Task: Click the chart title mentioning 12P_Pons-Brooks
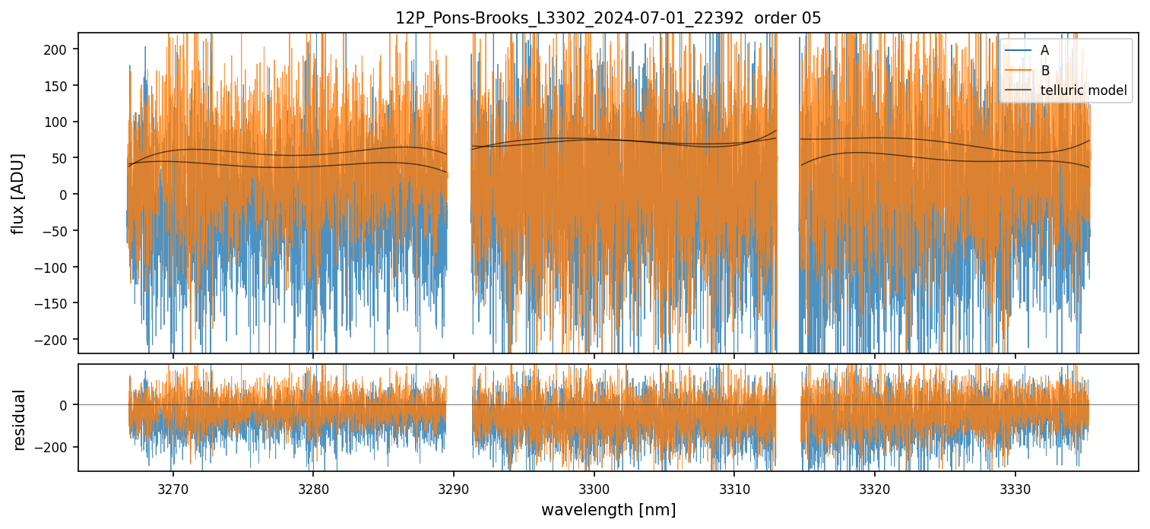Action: (x=608, y=18)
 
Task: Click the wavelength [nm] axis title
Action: (x=608, y=509)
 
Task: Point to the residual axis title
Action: (x=19, y=419)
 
